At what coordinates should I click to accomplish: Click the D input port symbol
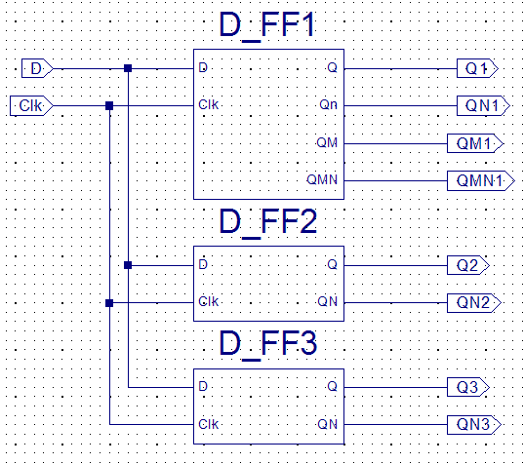click(x=37, y=68)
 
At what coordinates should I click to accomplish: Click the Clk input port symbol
click(x=31, y=106)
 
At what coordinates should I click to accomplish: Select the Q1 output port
click(x=477, y=69)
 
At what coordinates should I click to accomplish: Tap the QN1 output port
click(x=483, y=106)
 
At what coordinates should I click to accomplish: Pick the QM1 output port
click(x=475, y=143)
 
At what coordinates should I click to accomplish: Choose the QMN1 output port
click(x=481, y=181)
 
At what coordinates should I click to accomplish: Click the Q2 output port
click(x=468, y=265)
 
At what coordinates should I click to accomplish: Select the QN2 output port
click(x=474, y=303)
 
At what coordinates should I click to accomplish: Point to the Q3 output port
click(x=468, y=387)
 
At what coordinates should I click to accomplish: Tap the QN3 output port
click(x=474, y=425)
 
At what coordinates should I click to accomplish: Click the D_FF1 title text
click(x=267, y=25)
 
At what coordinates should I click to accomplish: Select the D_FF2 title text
click(x=267, y=222)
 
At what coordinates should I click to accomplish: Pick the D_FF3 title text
click(x=267, y=344)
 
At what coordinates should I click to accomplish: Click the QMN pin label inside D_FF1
click(x=322, y=179)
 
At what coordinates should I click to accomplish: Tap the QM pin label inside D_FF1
click(x=327, y=142)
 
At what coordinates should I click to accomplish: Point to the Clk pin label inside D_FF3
click(x=209, y=424)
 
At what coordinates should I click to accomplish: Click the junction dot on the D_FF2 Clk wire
click(x=109, y=303)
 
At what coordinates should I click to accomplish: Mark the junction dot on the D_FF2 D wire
click(x=128, y=265)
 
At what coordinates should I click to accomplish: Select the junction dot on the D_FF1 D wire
click(x=128, y=68)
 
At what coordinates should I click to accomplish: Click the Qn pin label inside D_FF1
click(x=328, y=105)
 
